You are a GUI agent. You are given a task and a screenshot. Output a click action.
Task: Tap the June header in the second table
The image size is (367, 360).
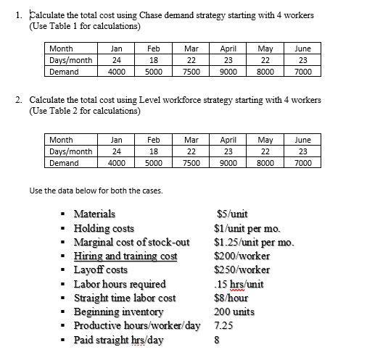coord(302,140)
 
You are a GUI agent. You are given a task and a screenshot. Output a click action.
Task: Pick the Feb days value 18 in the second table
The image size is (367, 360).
coord(153,151)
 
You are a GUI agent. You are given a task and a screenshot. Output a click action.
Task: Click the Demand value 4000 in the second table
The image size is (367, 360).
coord(115,163)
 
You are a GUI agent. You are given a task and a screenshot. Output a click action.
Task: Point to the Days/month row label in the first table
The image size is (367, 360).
coord(70,60)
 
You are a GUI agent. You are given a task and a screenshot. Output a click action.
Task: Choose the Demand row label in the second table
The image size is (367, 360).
coord(63,163)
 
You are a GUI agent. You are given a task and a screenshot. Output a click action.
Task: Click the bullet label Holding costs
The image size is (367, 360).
coord(104,228)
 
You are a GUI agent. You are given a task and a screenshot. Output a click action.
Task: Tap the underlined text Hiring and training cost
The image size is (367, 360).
coord(125,256)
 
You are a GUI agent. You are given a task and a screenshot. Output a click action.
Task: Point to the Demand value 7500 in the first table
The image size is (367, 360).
coord(191,72)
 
